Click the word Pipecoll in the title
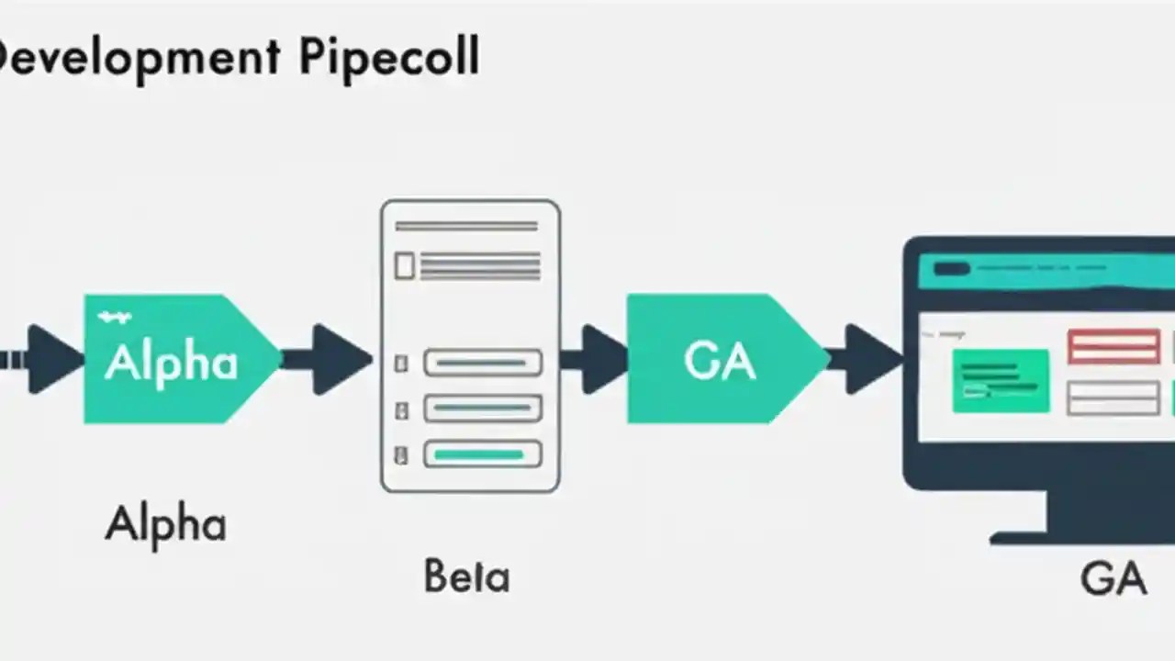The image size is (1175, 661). coord(388,58)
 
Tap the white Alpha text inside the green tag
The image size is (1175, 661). coord(171,363)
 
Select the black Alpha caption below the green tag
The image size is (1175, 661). coord(165,525)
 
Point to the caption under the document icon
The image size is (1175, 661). coord(466,577)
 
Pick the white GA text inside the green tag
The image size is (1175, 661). coord(720,362)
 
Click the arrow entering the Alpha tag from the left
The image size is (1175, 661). coord(50,359)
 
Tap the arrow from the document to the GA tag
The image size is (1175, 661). coord(597,359)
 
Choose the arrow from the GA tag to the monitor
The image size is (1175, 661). coord(867,359)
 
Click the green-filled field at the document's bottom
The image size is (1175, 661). coord(482,454)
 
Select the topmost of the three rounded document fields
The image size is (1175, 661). coord(482,363)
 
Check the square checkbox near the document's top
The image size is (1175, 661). coord(404,266)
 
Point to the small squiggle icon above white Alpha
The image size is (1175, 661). coord(114,318)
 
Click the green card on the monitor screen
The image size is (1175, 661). coord(1001,380)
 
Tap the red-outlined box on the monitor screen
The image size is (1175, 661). coord(1113,347)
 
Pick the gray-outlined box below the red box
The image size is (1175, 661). coord(1113,398)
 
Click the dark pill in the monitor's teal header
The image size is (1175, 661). coord(951,269)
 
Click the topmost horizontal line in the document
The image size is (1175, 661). coord(466,226)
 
